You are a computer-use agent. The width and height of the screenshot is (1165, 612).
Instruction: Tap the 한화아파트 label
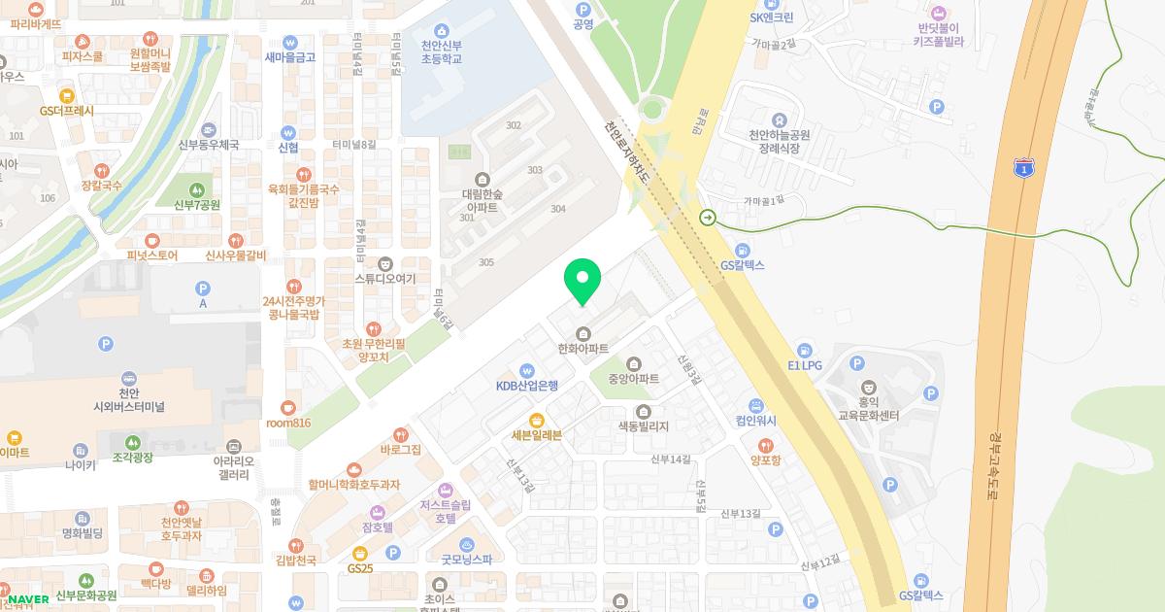click(x=582, y=348)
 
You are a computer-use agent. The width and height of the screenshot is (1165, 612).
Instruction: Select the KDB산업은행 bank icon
click(x=526, y=370)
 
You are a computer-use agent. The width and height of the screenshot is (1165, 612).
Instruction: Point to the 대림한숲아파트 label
click(x=482, y=199)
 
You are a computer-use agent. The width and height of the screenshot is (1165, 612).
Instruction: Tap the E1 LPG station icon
click(x=804, y=351)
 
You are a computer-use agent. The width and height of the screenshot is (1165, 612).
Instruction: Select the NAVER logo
click(x=28, y=598)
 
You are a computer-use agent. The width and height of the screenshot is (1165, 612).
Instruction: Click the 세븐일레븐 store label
click(x=536, y=434)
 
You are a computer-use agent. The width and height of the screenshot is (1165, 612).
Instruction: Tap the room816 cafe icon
click(x=287, y=408)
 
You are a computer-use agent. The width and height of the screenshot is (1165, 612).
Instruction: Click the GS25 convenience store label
click(x=360, y=567)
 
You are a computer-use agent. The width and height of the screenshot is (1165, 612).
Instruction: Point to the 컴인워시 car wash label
click(x=756, y=421)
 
